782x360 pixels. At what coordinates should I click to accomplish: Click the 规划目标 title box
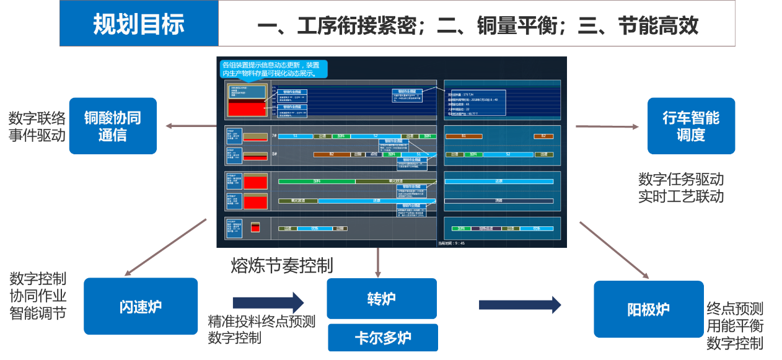(x=139, y=24)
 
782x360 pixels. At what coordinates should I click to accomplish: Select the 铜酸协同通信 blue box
(x=112, y=126)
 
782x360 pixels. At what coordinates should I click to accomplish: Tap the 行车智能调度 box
(x=691, y=126)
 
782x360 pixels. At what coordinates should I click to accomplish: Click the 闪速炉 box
(x=141, y=306)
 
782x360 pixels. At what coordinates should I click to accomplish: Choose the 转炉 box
(x=381, y=299)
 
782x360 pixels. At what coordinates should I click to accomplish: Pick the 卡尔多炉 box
(x=382, y=338)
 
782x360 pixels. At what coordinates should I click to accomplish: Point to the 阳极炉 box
(x=648, y=309)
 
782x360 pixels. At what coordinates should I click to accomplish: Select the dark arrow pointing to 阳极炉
(x=519, y=305)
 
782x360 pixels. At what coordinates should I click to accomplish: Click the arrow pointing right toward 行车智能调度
(x=607, y=126)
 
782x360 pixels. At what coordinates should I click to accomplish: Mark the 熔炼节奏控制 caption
(x=282, y=266)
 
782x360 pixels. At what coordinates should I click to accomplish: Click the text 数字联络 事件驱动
(x=37, y=126)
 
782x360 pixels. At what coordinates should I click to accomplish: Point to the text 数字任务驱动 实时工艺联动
(x=681, y=188)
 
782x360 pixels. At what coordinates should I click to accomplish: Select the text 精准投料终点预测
(x=261, y=322)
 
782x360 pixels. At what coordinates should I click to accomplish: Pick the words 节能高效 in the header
(x=658, y=25)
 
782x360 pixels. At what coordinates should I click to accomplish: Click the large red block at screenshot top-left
(x=247, y=108)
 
